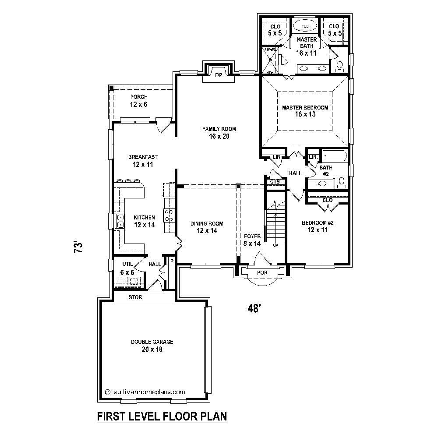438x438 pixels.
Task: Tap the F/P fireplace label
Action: [218, 75]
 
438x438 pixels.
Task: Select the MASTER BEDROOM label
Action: [305, 107]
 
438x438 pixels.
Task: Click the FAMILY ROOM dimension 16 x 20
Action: [219, 136]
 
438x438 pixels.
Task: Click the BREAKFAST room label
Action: [143, 157]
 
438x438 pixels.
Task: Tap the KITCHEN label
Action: [144, 217]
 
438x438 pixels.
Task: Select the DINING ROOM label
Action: [207, 224]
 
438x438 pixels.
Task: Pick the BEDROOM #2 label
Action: [318, 223]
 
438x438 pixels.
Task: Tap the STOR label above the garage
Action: [135, 297]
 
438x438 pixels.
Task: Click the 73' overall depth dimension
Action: [78, 247]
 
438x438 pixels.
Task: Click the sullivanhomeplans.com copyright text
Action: [145, 392]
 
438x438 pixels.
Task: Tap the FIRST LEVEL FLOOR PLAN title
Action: [162, 415]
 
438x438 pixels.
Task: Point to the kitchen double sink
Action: [119, 221]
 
